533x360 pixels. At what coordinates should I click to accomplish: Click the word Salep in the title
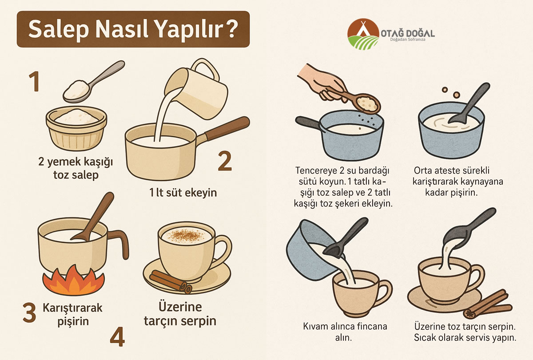coord(59,29)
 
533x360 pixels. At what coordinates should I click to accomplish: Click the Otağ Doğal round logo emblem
coord(363,34)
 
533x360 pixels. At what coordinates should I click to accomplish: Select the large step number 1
coord(34,82)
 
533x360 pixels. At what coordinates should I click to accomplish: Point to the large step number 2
coord(225,161)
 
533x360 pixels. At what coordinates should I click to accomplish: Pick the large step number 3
coord(29,313)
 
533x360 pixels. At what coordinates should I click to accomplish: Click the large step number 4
coord(117,336)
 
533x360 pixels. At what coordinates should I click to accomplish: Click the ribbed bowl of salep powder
coord(76,128)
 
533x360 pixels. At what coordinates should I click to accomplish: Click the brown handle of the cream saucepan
coord(227,128)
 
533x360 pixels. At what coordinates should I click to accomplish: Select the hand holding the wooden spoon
coord(321,82)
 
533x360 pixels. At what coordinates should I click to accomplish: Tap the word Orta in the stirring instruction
coord(423,170)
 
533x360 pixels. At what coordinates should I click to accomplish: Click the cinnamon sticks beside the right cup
coord(488,304)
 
